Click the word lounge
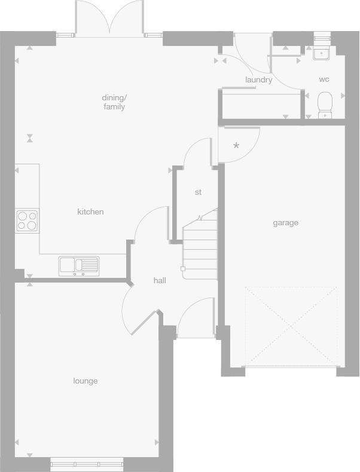86,381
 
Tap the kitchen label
90,212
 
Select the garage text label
285,223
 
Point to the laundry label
258,79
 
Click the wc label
324,79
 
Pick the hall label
160,280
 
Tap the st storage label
198,192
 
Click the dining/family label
114,102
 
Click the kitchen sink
79,265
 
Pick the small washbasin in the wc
322,53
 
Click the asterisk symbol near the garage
236,146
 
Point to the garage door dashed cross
291,326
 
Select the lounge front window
87,463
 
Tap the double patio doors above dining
109,18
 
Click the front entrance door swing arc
194,317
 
